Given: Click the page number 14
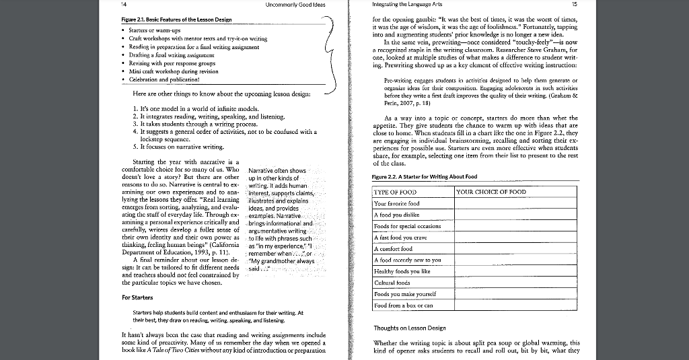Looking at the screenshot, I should click(123, 5).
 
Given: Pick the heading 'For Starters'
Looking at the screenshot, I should click(137, 297).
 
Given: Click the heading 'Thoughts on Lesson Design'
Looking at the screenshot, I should click(409, 328).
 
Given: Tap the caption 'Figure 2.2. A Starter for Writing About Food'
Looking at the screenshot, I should click(425, 177).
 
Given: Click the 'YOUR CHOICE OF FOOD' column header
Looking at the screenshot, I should click(491, 192).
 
